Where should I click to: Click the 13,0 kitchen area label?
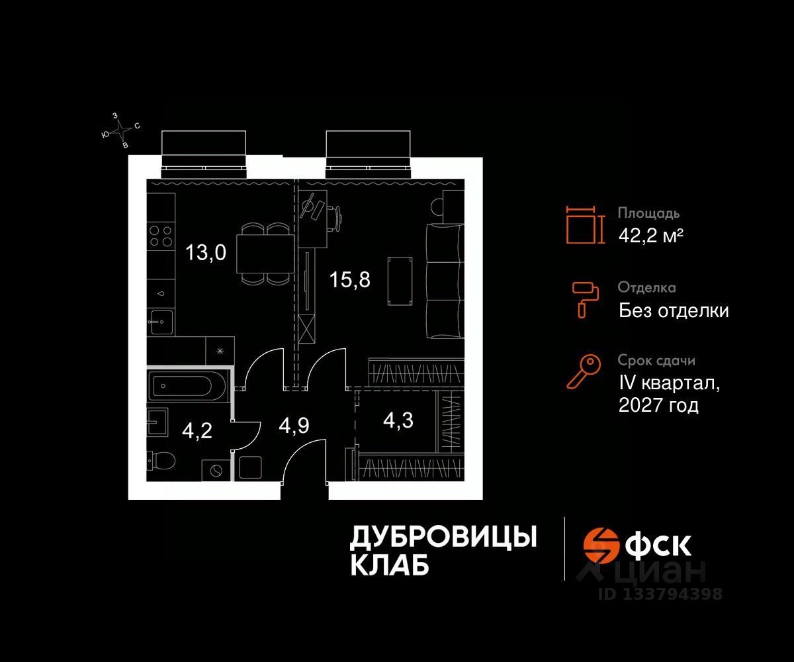click(206, 252)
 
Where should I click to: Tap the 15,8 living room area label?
click(350, 279)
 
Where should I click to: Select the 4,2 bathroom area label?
click(197, 431)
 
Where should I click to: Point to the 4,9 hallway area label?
click(294, 426)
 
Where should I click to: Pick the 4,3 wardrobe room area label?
click(398, 421)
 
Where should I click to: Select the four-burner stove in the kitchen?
click(161, 236)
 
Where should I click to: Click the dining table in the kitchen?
click(265, 254)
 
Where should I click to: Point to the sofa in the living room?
click(445, 281)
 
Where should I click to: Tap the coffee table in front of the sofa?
click(400, 281)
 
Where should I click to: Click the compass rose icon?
click(121, 131)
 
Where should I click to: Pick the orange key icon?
click(584, 371)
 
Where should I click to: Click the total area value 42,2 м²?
click(651, 236)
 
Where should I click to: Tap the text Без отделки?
click(674, 310)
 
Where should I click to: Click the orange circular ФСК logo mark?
click(599, 545)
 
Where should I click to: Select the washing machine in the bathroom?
click(216, 470)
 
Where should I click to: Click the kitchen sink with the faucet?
click(161, 322)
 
